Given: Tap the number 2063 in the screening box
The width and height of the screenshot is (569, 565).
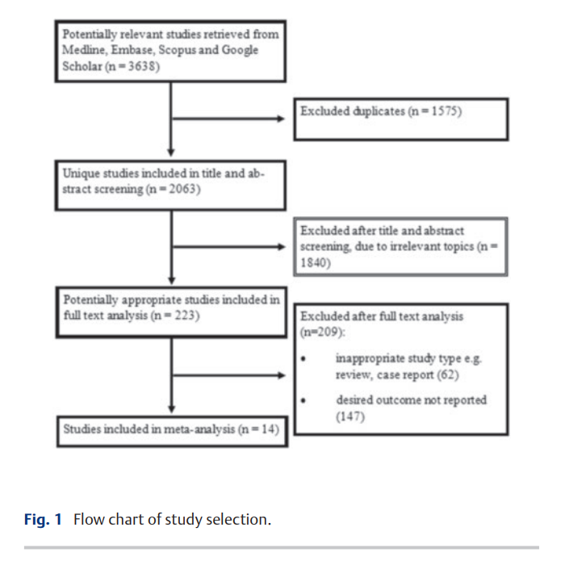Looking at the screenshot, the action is (183, 189).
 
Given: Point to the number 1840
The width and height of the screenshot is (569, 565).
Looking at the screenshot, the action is (313, 262).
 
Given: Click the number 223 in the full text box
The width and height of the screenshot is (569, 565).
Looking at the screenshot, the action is (185, 315).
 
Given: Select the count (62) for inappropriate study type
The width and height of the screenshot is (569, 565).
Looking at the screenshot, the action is (448, 375).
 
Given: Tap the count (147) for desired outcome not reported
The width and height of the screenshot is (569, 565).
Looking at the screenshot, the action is (350, 416).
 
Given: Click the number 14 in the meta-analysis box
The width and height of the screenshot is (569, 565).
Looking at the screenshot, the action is (269, 429).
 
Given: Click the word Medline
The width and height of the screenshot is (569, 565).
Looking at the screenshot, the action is (85, 50).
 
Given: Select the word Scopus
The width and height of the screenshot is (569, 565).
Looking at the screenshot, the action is (177, 50).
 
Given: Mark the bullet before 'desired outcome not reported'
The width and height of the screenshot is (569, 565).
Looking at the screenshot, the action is (303, 400).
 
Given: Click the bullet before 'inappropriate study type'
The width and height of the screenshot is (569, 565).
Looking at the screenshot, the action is (303, 359).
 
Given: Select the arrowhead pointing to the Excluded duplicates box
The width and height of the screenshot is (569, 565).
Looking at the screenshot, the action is (280, 119).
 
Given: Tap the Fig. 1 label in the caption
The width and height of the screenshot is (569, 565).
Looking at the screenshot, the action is (43, 519).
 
